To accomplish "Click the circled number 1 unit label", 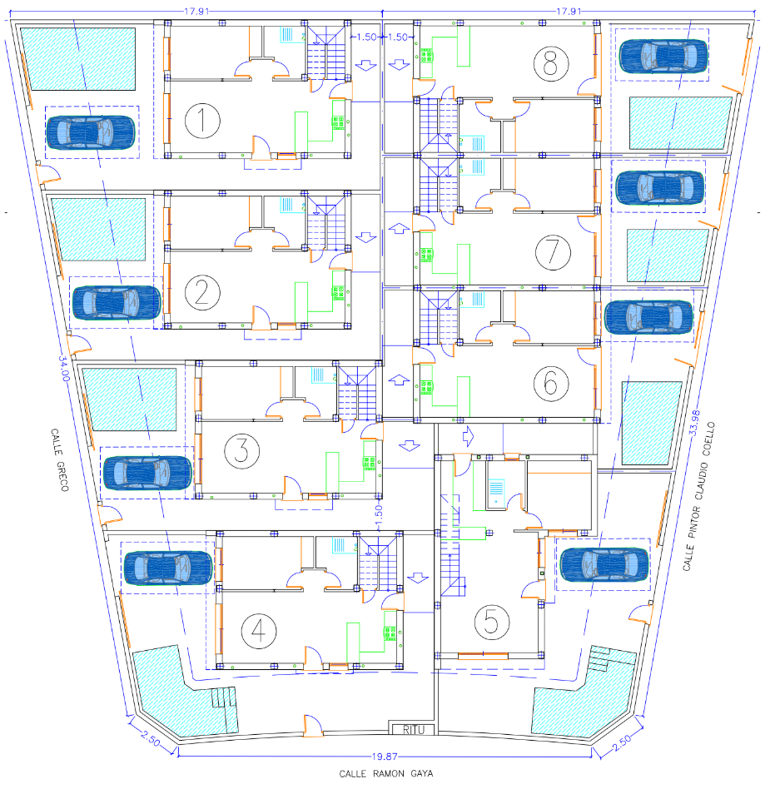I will (x=201, y=122).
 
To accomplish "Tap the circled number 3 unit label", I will (x=241, y=450).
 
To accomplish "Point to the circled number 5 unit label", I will (x=490, y=621).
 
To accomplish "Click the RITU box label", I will (x=413, y=730).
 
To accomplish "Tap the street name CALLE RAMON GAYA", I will (x=385, y=773).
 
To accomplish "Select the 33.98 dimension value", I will (x=698, y=419).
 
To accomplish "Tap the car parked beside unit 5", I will (x=604, y=564).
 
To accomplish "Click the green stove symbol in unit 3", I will (x=367, y=461).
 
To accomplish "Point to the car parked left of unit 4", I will (x=168, y=568).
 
